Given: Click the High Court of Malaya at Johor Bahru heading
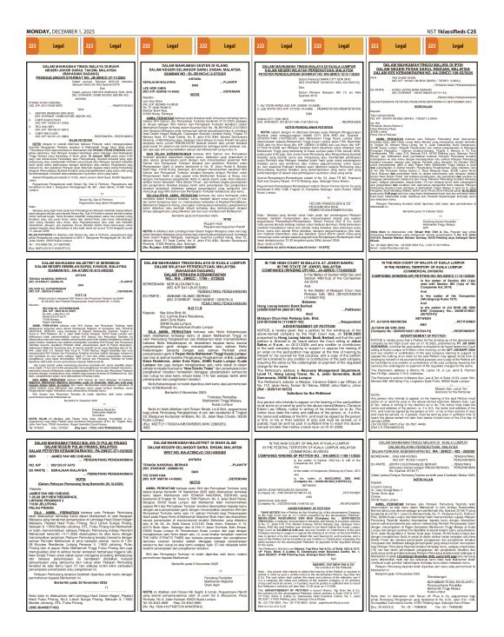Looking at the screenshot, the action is (314, 242).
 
